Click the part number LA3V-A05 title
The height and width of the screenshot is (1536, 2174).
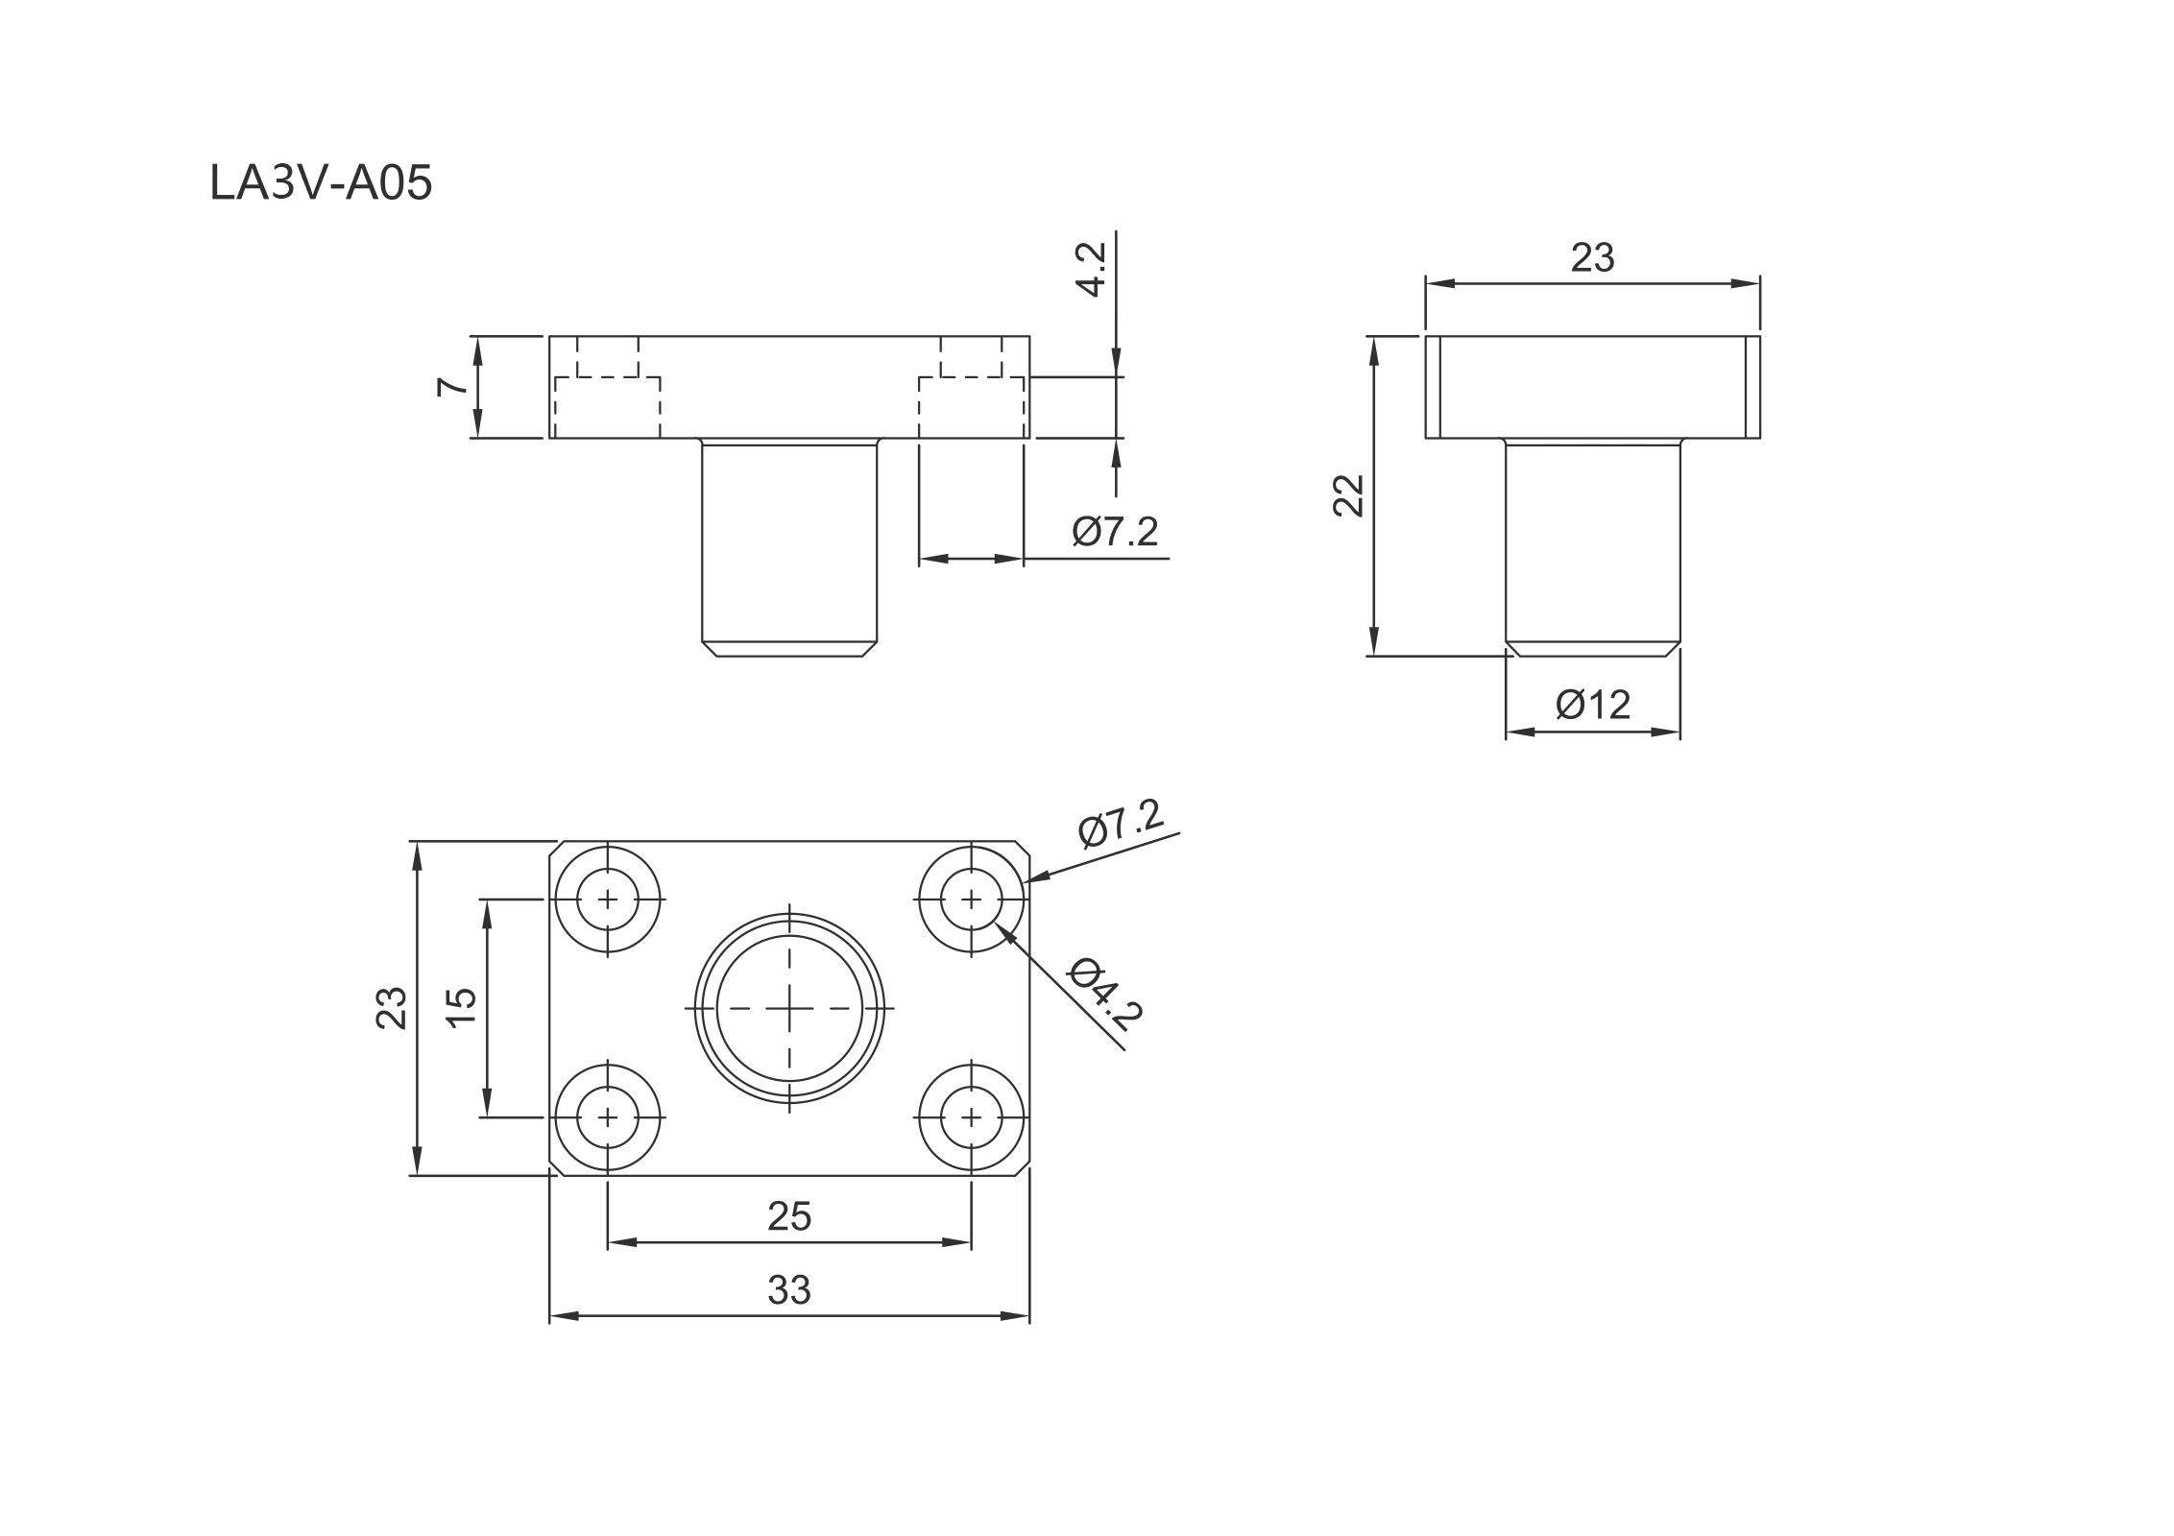321,183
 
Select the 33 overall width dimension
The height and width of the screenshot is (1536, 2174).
789,1290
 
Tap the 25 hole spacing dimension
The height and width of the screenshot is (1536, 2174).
789,1216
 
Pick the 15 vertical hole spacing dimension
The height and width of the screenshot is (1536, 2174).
462,1007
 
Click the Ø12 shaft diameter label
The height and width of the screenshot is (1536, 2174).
1593,705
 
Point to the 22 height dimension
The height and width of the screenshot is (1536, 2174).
1349,495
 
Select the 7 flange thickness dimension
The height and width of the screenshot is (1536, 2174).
451,387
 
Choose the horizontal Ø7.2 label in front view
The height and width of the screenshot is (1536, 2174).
1116,531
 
